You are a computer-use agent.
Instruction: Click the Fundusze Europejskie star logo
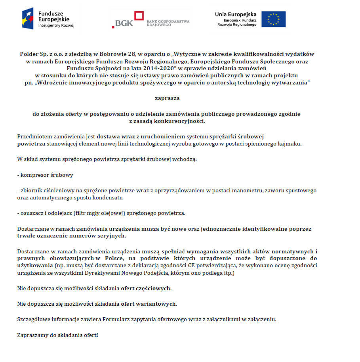[x=29, y=18]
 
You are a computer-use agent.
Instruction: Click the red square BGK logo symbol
[x=139, y=16]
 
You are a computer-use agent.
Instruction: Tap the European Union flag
[x=273, y=19]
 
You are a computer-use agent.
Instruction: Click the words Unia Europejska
[x=236, y=14]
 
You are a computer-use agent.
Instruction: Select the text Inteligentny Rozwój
[x=56, y=25]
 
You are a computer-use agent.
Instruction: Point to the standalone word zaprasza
[x=167, y=98]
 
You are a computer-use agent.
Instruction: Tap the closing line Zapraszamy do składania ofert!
[x=57, y=335]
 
